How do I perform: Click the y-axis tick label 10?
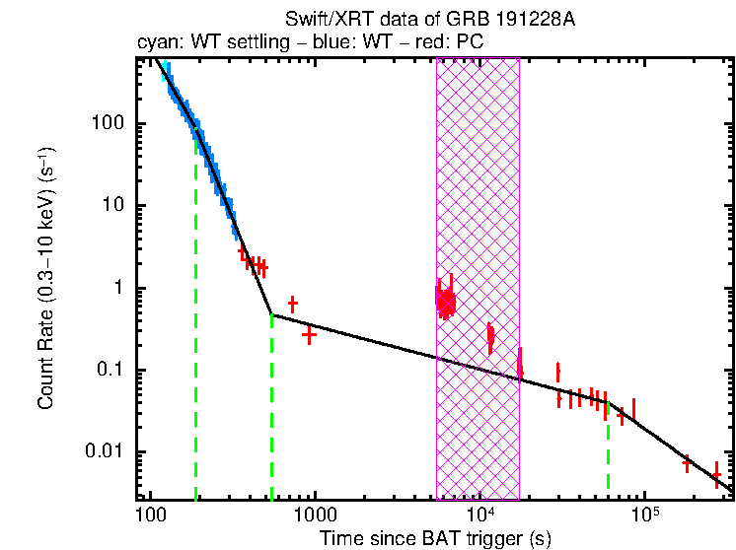tap(125, 206)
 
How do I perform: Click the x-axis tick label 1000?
tap(314, 516)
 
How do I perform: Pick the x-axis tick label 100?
tap(150, 516)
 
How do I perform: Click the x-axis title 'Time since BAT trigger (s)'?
tap(434, 538)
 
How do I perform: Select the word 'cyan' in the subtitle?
tap(157, 43)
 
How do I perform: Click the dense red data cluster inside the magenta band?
tap(447, 302)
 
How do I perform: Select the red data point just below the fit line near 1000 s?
tap(309, 335)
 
